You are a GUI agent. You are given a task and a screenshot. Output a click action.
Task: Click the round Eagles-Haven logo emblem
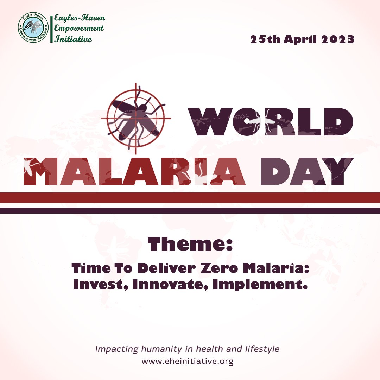tap(33, 27)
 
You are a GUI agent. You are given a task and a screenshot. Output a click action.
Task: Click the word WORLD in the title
tap(271, 122)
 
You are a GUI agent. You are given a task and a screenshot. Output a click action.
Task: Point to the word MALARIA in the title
tap(135, 171)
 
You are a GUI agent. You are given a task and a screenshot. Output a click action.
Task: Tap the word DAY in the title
tap(307, 171)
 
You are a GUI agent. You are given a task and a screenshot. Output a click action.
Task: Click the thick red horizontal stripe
tap(190, 197)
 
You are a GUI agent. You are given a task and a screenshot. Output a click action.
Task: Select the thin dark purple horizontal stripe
tap(190, 211)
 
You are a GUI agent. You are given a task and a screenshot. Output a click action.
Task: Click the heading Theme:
tap(190, 244)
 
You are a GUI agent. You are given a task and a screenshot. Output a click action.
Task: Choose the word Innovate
tap(170, 284)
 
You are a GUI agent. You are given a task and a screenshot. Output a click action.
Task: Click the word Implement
tap(260, 284)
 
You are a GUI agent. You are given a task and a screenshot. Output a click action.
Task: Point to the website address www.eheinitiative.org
tap(187, 361)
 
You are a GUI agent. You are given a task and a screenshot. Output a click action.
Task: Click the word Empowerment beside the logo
tap(79, 28)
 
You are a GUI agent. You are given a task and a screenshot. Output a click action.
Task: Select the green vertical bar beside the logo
tap(51, 29)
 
